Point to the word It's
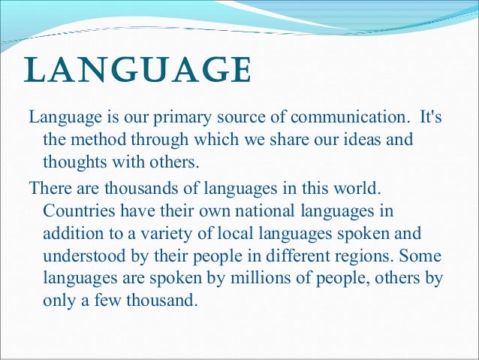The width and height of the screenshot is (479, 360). click(x=429, y=118)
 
